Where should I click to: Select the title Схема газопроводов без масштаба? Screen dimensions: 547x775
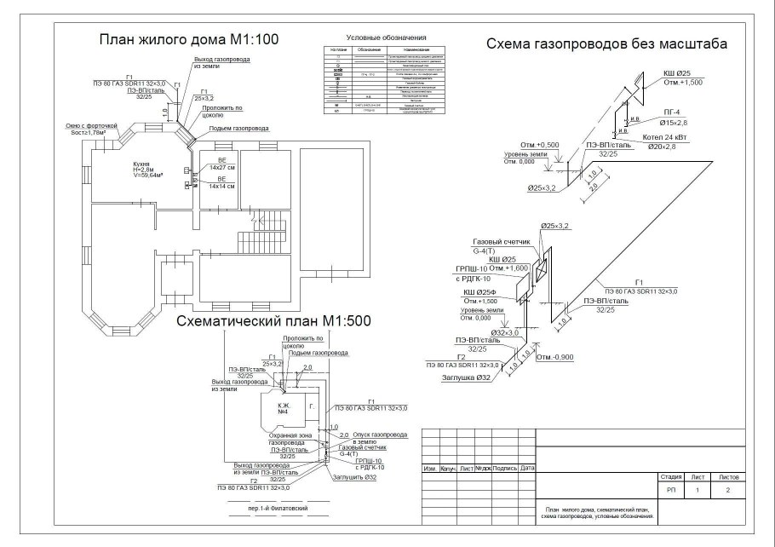coord(606,43)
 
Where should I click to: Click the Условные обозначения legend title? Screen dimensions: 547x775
coord(386,38)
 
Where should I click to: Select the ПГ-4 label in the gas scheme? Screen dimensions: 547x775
coord(671,112)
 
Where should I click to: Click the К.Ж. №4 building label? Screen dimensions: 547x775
coord(283,410)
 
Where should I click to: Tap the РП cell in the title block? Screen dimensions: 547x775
coord(670,492)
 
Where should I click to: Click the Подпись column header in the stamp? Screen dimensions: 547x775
coord(504,468)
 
